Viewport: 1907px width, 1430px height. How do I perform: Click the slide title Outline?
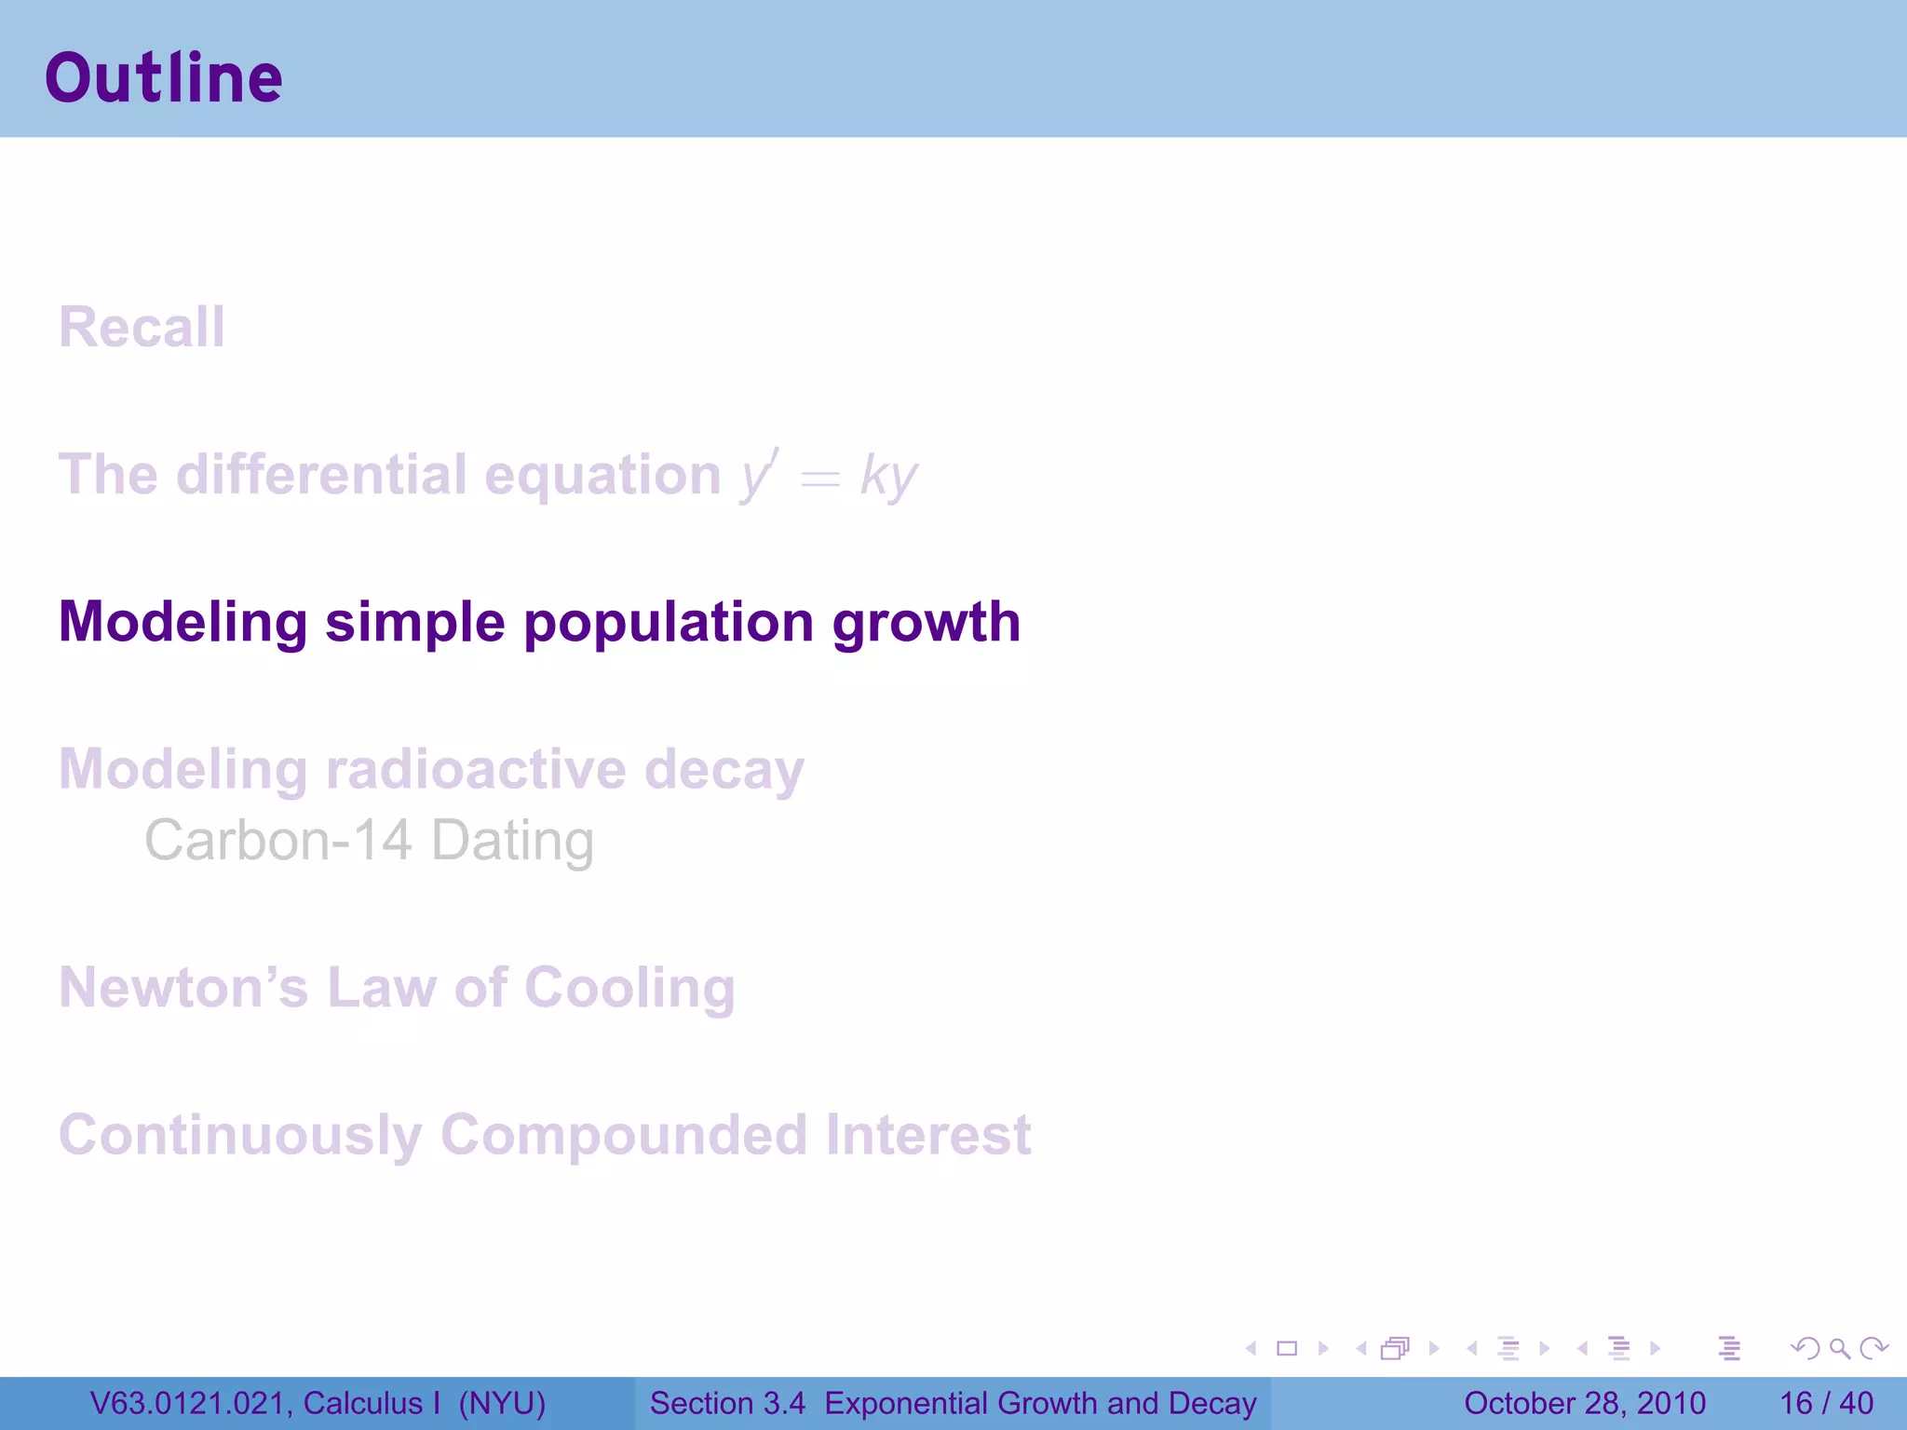164,78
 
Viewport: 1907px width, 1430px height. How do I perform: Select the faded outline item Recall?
142,328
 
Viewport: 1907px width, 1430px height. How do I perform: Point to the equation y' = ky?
829,477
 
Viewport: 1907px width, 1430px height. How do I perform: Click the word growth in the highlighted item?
926,622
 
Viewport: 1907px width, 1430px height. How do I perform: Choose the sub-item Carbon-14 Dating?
369,841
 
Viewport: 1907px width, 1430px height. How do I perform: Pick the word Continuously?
240,1135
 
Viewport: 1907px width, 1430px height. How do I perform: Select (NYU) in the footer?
502,1403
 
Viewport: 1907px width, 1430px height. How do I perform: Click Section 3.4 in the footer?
727,1403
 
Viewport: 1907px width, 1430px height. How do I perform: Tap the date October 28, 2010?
1584,1403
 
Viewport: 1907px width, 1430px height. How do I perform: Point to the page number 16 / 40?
1826,1403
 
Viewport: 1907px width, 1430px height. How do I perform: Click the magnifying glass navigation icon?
1839,1348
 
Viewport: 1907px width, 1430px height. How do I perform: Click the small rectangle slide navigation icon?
1287,1348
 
